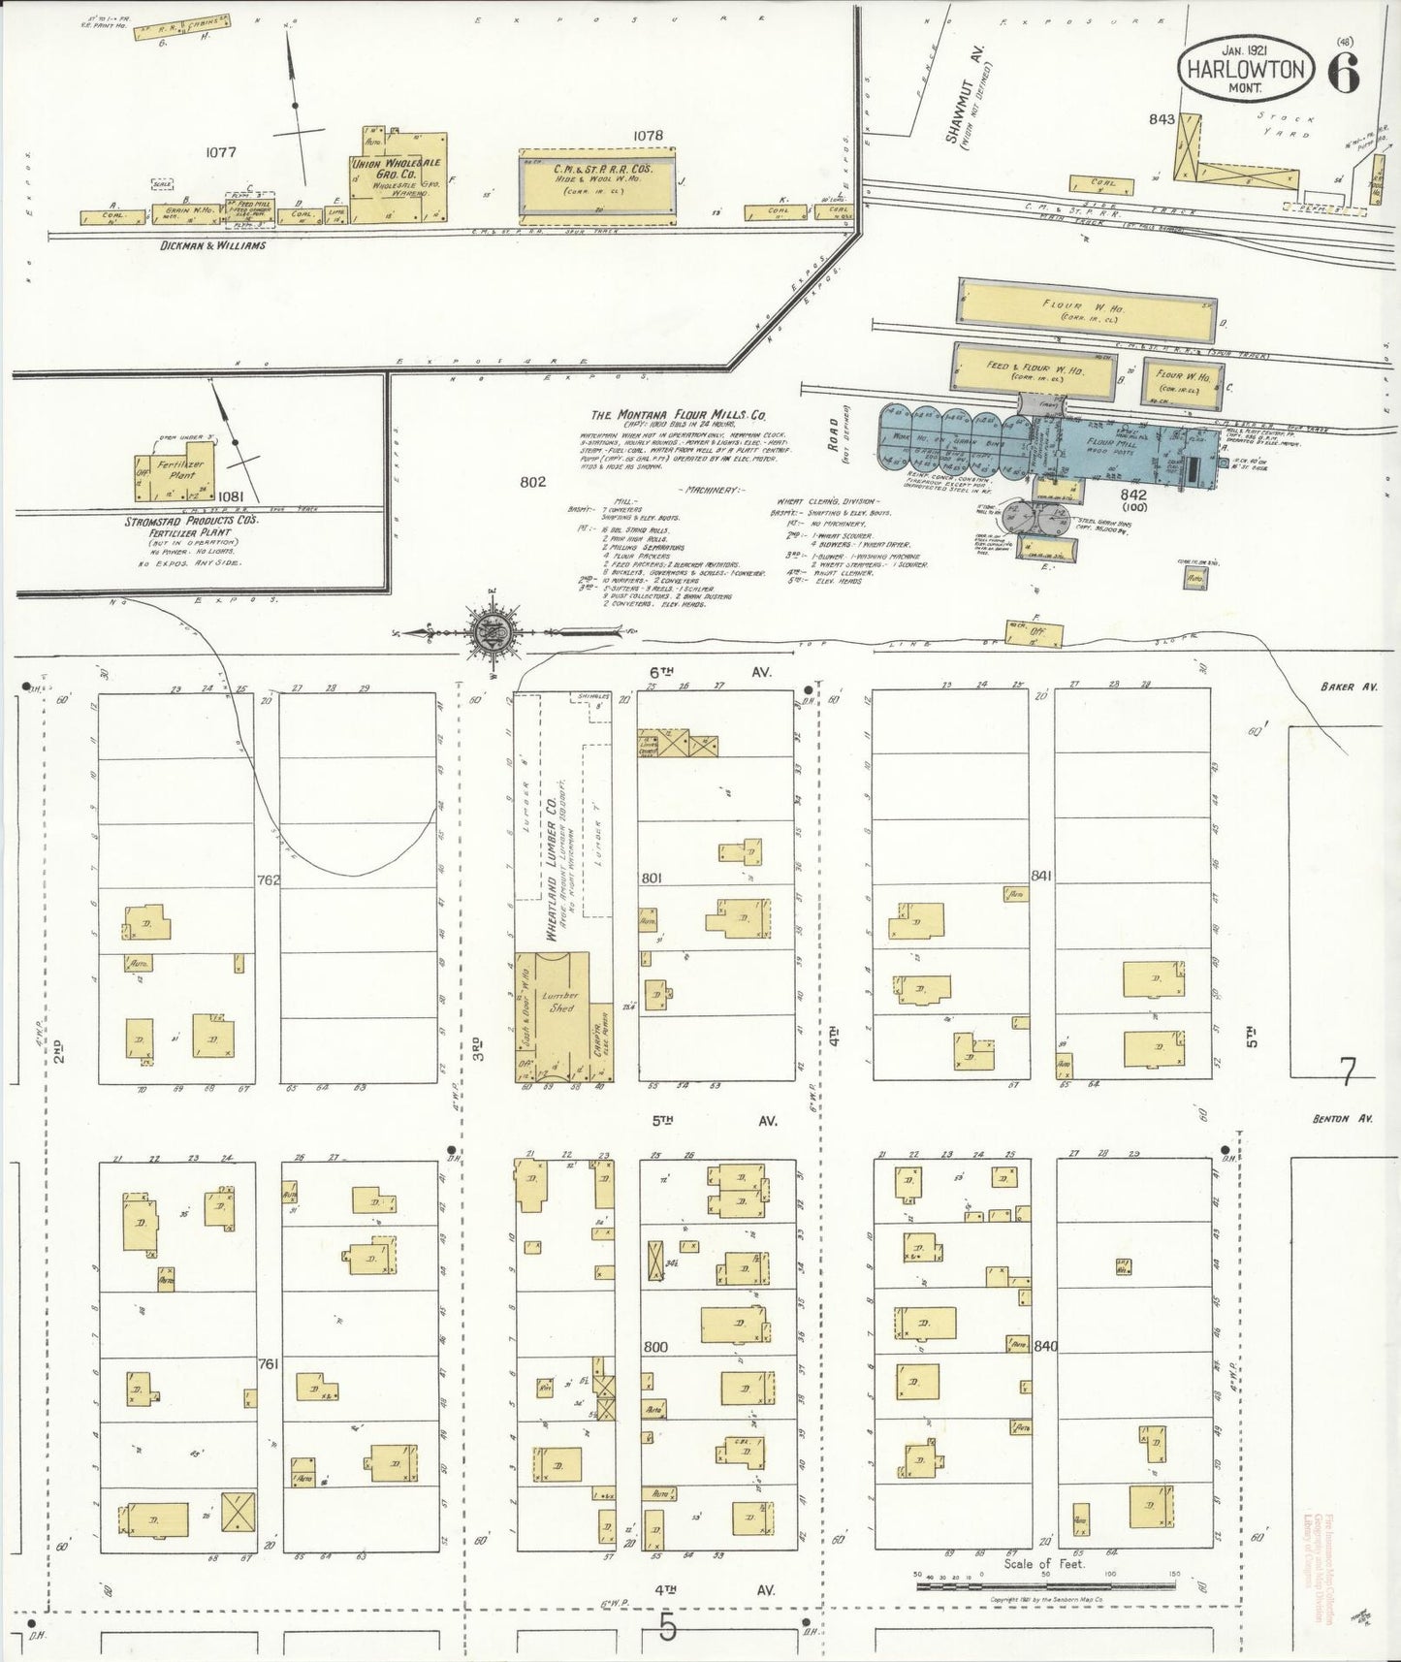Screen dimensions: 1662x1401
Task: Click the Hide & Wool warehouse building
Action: [596, 179]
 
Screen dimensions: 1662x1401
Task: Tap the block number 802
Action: [533, 482]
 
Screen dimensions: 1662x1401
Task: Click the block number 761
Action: [269, 1363]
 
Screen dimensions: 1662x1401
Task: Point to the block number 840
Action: [1045, 1346]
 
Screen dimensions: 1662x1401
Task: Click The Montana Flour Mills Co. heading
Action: [679, 414]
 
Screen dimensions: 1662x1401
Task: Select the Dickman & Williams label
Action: [212, 245]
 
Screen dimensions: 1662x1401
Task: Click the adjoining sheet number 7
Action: [1346, 1071]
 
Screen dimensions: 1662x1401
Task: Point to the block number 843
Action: [1162, 120]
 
